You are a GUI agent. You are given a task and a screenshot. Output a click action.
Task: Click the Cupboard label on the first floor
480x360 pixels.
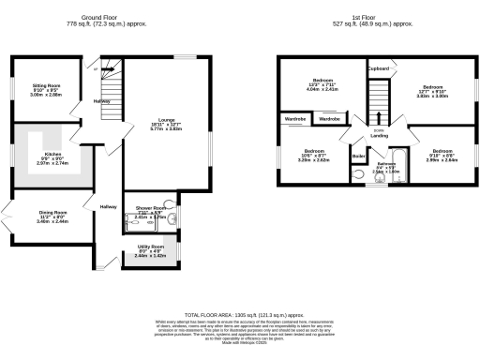point(379,69)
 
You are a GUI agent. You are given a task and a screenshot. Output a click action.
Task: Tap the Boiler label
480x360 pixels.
point(357,155)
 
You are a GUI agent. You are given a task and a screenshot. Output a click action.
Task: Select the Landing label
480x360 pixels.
point(379,135)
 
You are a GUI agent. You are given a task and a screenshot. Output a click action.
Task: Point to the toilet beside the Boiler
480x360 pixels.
point(358,175)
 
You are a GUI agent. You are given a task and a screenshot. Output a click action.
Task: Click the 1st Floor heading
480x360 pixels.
point(378,16)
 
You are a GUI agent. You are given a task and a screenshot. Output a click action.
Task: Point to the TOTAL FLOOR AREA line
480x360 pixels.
point(240,316)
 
